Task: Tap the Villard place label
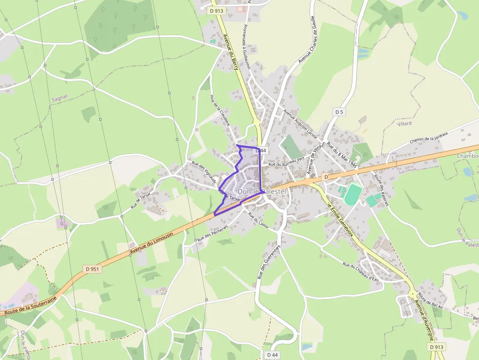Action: click(404, 124)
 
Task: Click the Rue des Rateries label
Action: click(380, 190)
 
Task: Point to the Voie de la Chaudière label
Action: click(220, 110)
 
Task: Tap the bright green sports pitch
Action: click(353, 194)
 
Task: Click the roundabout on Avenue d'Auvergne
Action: click(413, 295)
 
